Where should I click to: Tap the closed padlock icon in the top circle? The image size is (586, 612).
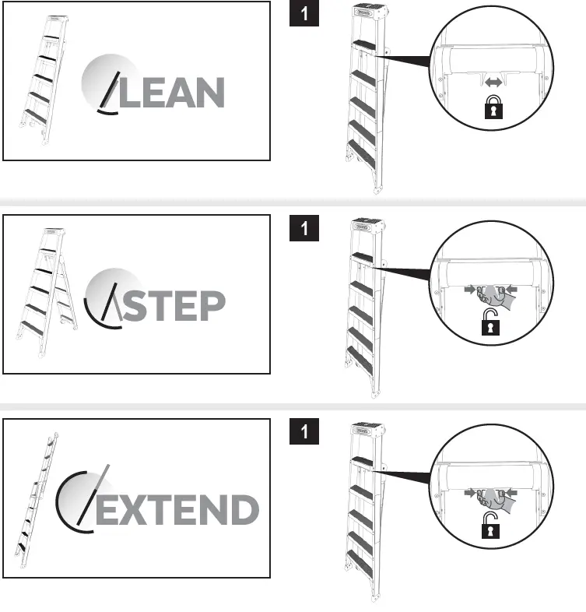click(x=492, y=109)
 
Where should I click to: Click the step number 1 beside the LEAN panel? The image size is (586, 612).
click(x=304, y=15)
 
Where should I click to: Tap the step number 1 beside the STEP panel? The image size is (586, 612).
click(x=304, y=228)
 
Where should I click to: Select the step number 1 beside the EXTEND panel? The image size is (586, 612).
click(x=304, y=431)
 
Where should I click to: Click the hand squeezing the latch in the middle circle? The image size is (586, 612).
click(x=490, y=295)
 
